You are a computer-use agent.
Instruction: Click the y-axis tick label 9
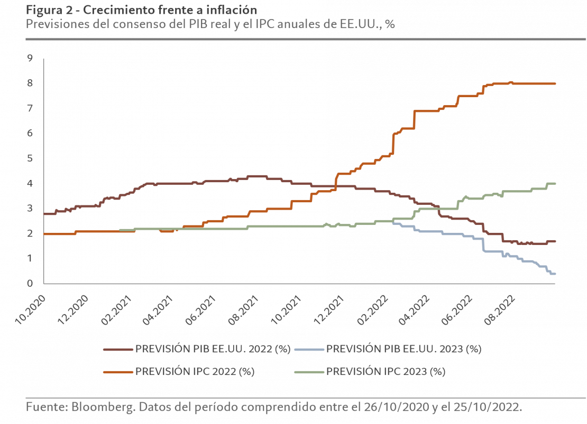[x=30, y=58]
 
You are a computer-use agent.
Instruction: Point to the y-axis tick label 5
[x=30, y=158]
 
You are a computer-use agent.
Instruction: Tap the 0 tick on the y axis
[x=30, y=284]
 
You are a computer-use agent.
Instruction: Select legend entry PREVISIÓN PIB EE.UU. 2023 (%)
[x=404, y=349]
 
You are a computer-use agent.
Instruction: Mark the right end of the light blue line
[x=555, y=274]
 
